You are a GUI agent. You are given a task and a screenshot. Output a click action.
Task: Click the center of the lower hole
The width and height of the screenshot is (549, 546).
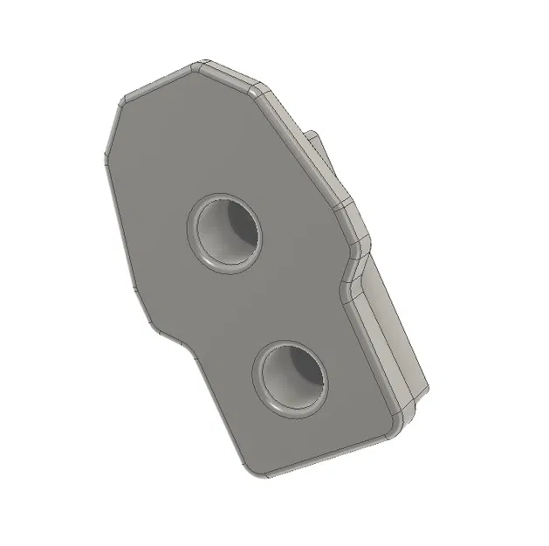tap(291, 377)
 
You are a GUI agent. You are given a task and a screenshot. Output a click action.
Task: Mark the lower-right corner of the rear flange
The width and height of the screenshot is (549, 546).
tap(426, 389)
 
